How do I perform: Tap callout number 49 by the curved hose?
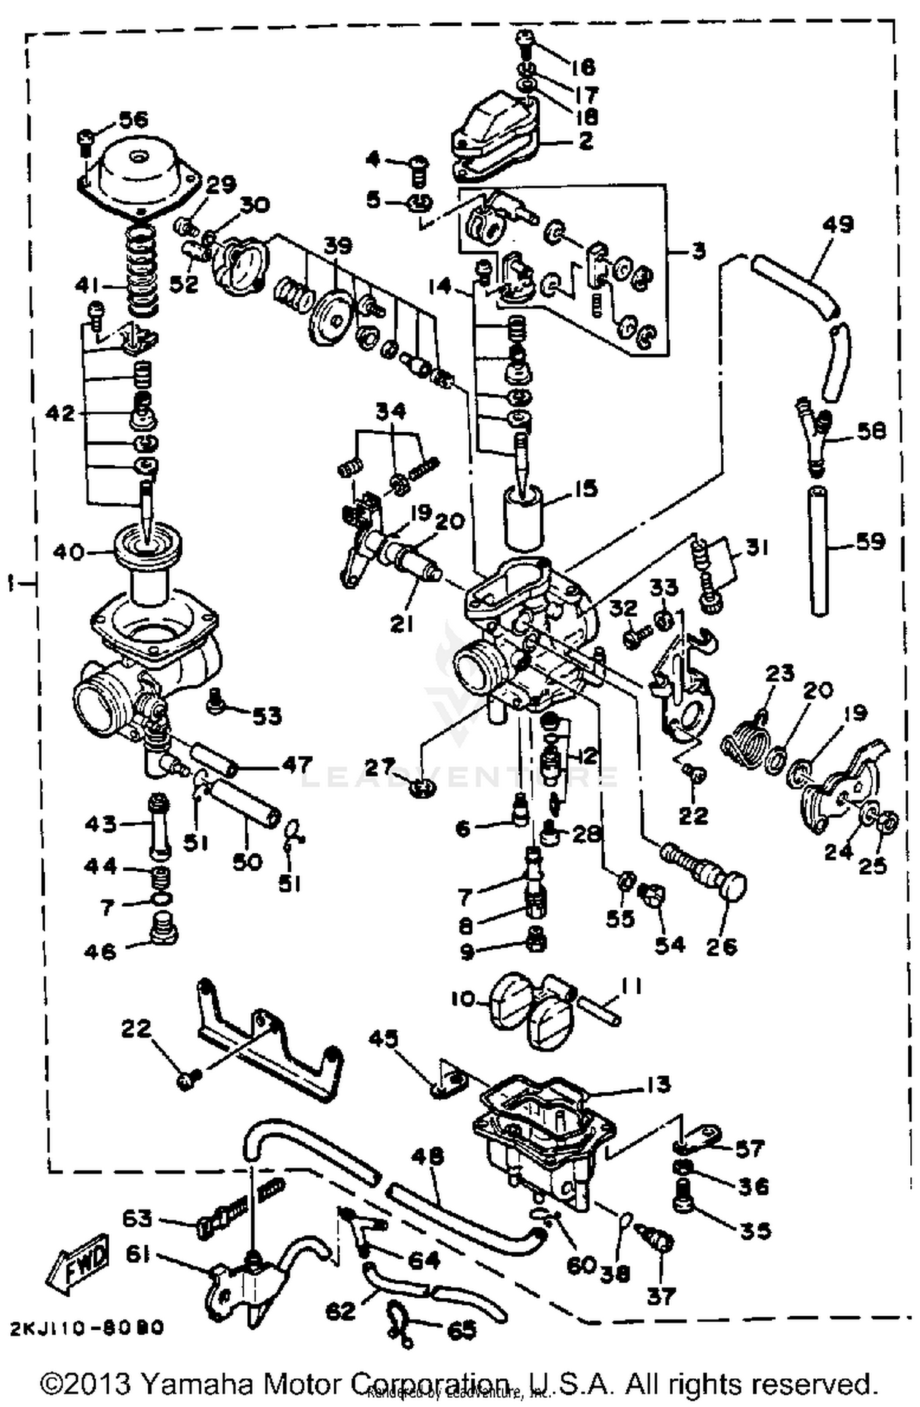point(837,224)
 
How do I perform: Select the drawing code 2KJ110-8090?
point(86,1327)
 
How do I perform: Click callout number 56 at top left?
point(133,119)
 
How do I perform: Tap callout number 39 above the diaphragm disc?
point(338,246)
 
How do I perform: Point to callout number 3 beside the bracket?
point(698,251)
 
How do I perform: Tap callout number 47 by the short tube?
point(297,765)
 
